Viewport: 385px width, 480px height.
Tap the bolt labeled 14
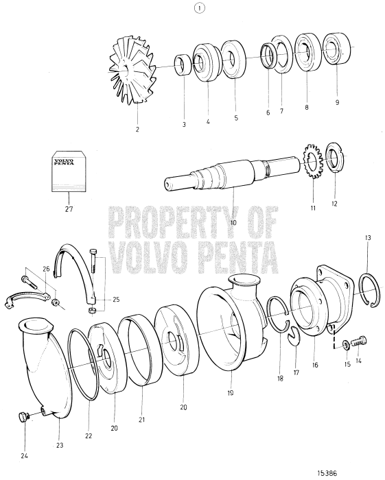tap(358, 339)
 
